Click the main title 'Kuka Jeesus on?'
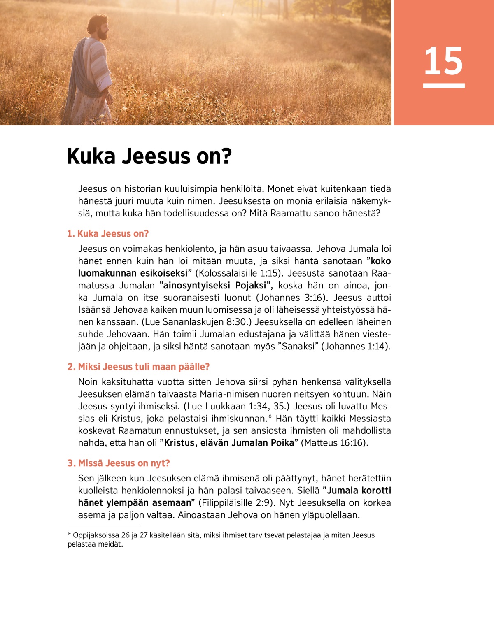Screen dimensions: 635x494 (149, 156)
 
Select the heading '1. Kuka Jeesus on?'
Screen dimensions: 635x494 (108, 234)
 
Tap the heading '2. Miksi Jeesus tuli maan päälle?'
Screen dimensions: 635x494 (139, 367)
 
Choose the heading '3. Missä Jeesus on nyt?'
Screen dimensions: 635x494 (119, 463)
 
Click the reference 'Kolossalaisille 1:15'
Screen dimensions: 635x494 (238, 273)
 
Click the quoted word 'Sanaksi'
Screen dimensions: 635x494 (298, 347)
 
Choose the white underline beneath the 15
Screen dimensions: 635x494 (444, 86)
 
